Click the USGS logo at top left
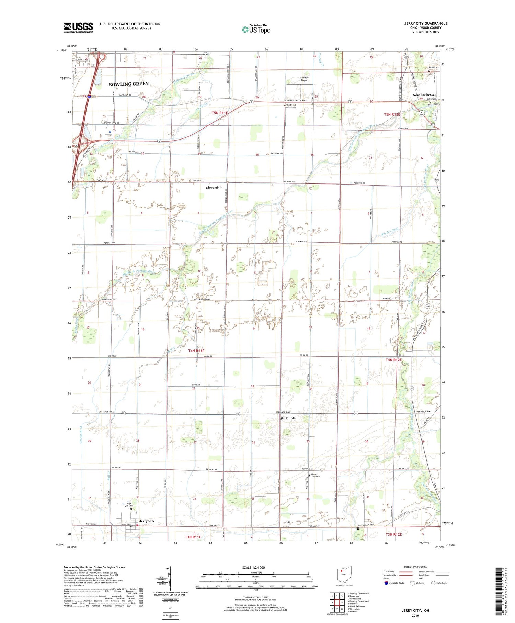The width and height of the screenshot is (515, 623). (x=78, y=27)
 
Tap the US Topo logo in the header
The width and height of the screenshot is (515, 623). (x=256, y=29)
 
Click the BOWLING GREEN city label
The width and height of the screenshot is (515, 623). (x=129, y=84)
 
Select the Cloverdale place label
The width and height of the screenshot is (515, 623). (x=214, y=188)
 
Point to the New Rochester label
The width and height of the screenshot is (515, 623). (x=424, y=95)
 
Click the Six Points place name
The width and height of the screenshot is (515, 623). (x=287, y=418)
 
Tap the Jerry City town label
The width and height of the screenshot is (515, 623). (x=147, y=521)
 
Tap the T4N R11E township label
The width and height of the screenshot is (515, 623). (x=196, y=351)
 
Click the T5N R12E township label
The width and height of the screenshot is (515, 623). (x=392, y=114)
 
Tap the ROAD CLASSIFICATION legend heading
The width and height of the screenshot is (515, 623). (x=415, y=567)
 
